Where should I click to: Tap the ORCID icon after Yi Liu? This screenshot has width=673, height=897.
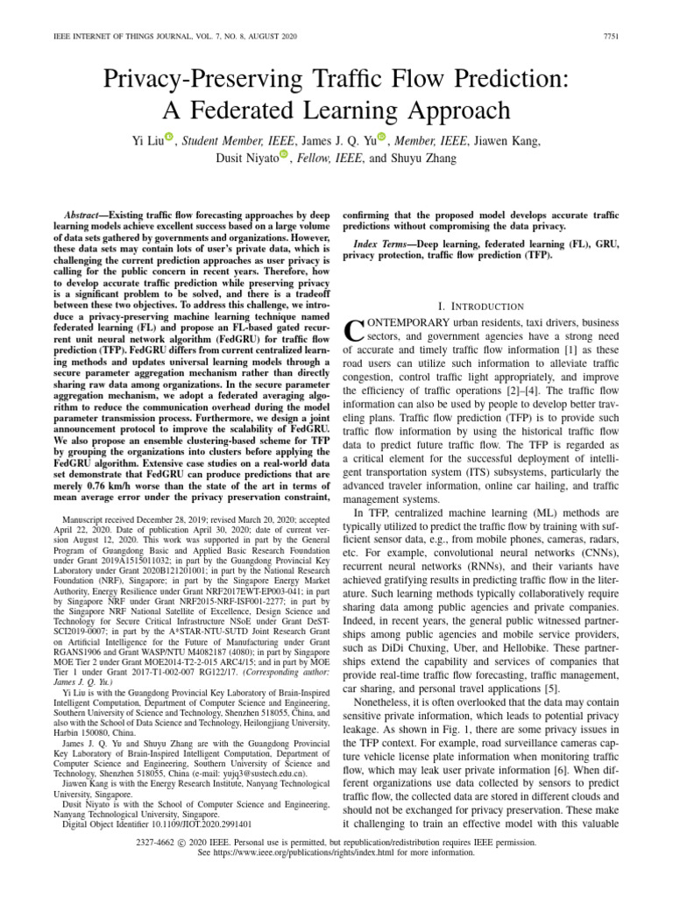[168, 136]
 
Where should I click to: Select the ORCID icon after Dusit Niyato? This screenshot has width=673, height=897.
[283, 154]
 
